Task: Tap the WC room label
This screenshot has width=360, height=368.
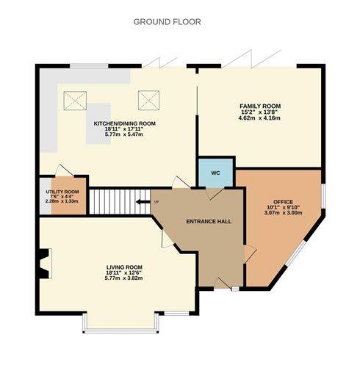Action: (215, 173)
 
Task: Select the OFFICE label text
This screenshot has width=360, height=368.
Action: (284, 201)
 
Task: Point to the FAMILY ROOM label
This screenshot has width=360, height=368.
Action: (259, 106)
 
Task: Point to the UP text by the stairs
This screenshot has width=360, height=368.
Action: (156, 201)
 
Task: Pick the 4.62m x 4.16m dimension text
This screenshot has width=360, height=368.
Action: (259, 119)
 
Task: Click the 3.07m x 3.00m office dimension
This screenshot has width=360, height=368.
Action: (284, 214)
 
